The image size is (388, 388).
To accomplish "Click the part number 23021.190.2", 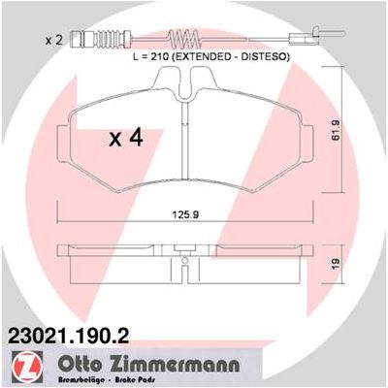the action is pyautogui.click(x=69, y=336).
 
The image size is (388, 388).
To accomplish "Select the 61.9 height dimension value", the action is pyautogui.click(x=336, y=130).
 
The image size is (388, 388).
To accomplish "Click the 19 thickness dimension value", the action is pyautogui.click(x=336, y=264).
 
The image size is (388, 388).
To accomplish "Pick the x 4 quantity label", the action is pyautogui.click(x=126, y=138).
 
